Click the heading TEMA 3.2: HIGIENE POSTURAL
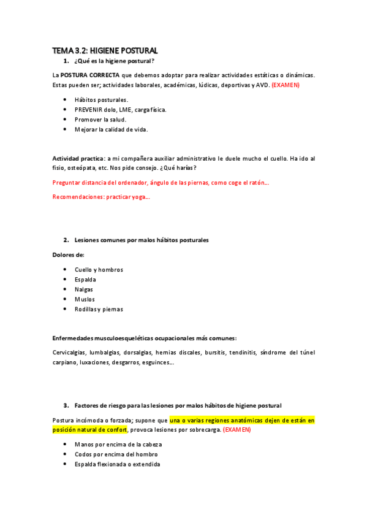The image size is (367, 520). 105,50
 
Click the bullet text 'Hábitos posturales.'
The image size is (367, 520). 101,100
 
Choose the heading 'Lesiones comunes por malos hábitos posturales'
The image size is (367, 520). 141,240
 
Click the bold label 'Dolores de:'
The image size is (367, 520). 68,254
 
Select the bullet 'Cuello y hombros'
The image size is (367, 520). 99,270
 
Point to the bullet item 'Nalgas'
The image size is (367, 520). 85,289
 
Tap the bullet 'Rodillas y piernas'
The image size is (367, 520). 99,309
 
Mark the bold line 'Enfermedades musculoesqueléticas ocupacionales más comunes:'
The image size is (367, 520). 145,338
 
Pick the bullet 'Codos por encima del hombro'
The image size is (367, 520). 116,454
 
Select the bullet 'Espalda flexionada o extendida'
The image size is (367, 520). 118,464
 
